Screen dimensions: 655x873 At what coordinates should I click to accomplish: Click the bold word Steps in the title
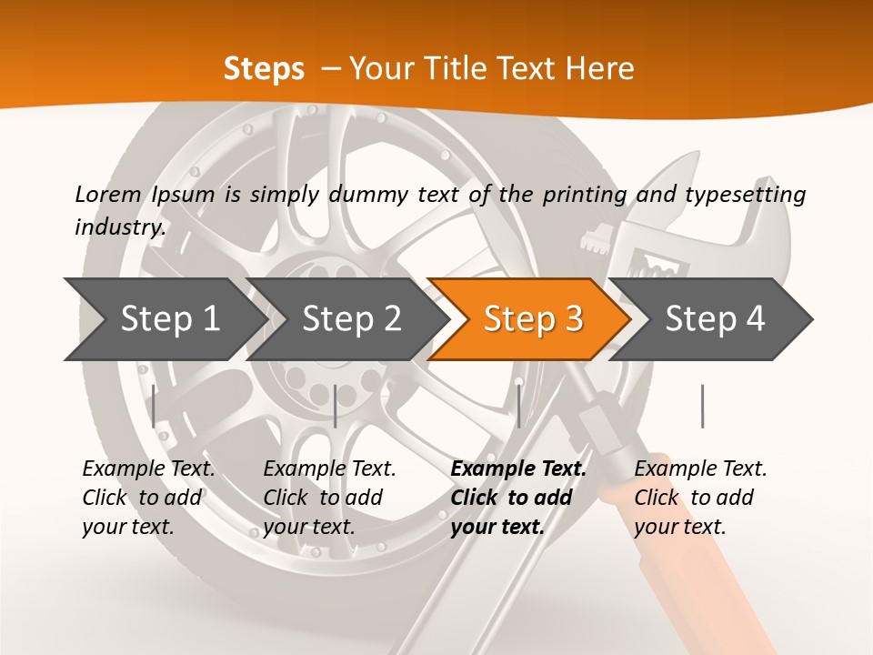point(264,68)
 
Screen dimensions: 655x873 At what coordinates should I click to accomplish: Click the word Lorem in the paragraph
point(108,194)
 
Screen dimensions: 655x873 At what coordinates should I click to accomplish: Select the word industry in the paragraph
point(120,227)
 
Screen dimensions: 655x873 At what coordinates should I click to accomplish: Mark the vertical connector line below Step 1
point(154,406)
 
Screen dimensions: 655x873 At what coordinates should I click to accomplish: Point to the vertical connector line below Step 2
point(336,406)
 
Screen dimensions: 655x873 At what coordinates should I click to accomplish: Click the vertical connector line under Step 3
point(518,406)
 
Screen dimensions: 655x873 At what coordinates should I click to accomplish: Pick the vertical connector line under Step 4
point(702,406)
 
